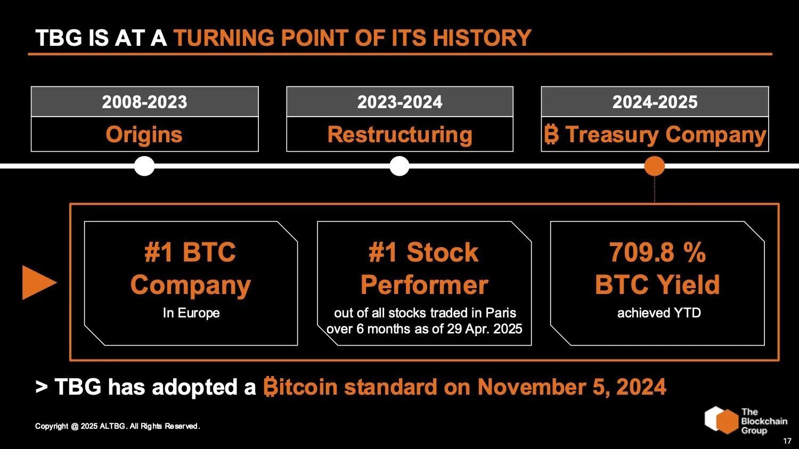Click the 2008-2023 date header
(x=144, y=102)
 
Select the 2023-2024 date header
(x=399, y=102)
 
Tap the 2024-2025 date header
(x=655, y=102)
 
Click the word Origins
(x=144, y=135)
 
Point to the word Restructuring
(x=399, y=135)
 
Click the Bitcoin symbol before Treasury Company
(x=551, y=135)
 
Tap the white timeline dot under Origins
(x=144, y=166)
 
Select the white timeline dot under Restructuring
(x=399, y=166)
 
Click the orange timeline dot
(x=655, y=166)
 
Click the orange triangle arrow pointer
(x=38, y=282)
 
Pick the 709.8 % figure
(x=657, y=252)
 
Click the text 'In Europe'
(x=191, y=313)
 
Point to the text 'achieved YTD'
(x=658, y=313)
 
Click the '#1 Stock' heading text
(x=424, y=252)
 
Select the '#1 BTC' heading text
(x=190, y=252)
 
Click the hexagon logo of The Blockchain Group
(x=721, y=420)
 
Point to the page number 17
(x=787, y=441)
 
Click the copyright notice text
(x=117, y=426)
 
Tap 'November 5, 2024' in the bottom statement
(x=572, y=387)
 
